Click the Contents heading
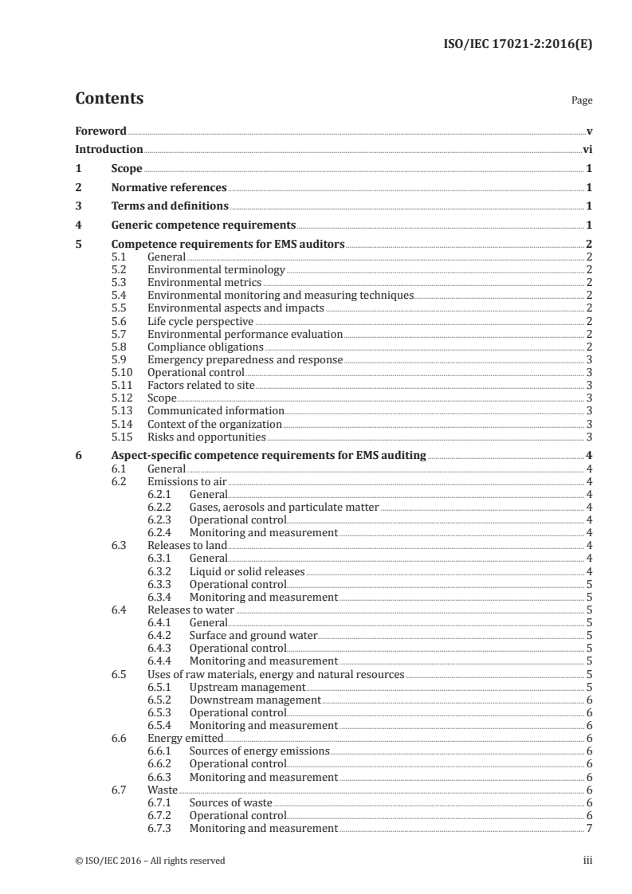[x=109, y=99]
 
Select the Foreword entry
[x=100, y=130]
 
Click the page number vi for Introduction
[x=587, y=149]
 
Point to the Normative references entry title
[x=169, y=188]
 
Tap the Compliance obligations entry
[x=205, y=347]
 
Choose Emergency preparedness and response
[x=245, y=360]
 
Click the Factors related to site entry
[x=201, y=386]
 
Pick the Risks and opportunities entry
[x=206, y=437]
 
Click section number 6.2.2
[x=161, y=507]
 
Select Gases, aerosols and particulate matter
[x=284, y=507]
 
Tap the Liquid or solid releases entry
[x=247, y=571]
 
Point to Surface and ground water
[x=253, y=636]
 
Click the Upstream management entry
[x=247, y=687]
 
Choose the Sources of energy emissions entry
[x=259, y=751]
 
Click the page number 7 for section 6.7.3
[x=588, y=829]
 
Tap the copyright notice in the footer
[x=151, y=861]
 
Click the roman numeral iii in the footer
[x=587, y=861]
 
